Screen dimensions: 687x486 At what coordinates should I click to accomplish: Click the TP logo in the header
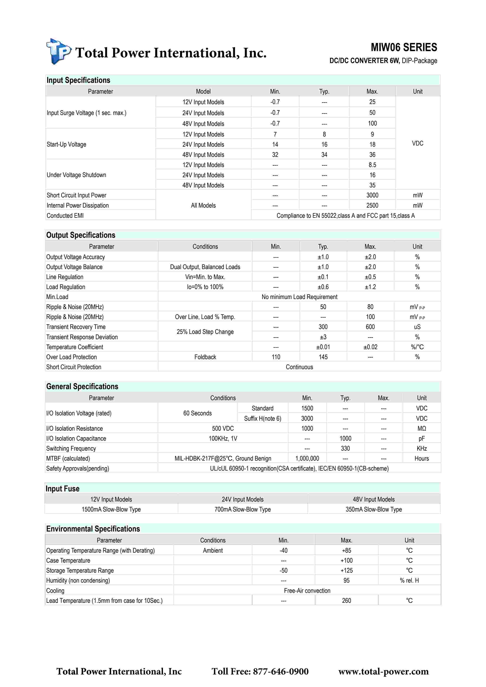click(59, 52)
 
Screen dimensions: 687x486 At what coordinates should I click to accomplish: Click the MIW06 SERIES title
click(404, 47)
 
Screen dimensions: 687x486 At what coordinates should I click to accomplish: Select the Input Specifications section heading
click(78, 80)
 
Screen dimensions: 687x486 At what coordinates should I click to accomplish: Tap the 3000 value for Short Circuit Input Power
click(372, 195)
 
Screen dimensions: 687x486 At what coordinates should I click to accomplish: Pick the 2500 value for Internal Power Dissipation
click(372, 205)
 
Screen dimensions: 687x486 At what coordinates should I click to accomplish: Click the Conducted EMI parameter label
click(65, 215)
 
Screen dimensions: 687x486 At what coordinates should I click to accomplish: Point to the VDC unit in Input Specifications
click(417, 143)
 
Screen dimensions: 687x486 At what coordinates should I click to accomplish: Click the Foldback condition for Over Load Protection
click(205, 357)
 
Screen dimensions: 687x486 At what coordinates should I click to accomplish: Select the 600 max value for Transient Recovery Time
click(370, 327)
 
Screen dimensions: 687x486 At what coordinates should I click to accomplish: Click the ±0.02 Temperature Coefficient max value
click(370, 347)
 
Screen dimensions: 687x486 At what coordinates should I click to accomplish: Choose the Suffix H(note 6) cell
click(263, 418)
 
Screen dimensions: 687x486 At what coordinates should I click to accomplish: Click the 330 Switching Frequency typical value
click(345, 448)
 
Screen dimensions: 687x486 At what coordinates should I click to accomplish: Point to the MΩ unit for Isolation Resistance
click(422, 428)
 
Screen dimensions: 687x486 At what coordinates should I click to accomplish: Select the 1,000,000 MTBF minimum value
click(307, 458)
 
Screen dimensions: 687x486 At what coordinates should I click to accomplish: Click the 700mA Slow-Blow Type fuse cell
click(243, 509)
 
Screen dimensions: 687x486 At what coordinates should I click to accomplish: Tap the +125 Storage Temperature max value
click(346, 570)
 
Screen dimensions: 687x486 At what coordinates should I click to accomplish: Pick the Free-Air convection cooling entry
click(307, 591)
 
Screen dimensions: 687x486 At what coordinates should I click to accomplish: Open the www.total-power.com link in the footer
click(383, 672)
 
